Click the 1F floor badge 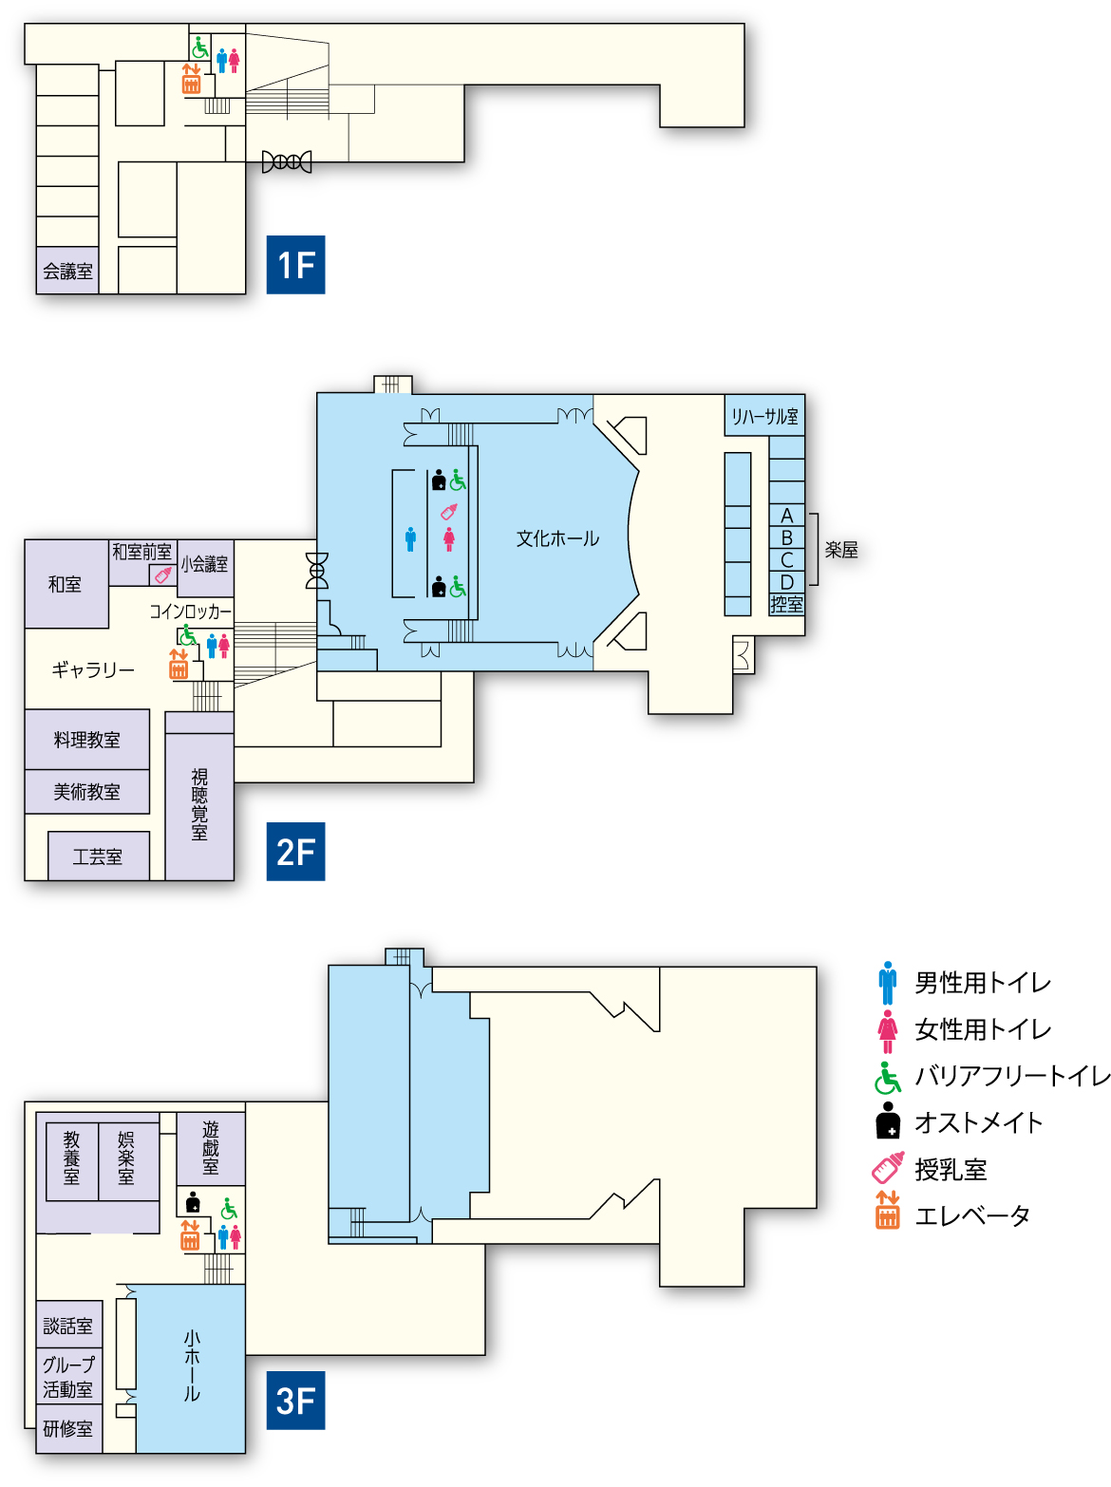[295, 265]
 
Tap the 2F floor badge [295, 852]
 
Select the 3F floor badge [295, 1401]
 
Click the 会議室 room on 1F [67, 271]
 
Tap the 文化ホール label [557, 538]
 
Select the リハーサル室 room [764, 415]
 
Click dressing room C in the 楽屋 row [786, 560]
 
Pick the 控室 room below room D [786, 604]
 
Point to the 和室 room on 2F [66, 584]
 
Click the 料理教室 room [86, 739]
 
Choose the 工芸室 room [98, 856]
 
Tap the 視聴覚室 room [199, 806]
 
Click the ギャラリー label [93, 670]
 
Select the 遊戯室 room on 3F [211, 1148]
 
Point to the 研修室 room [68, 1429]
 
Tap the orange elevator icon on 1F [191, 78]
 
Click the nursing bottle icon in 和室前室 [163, 575]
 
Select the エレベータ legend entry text [972, 1216]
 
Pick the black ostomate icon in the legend [888, 1120]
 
